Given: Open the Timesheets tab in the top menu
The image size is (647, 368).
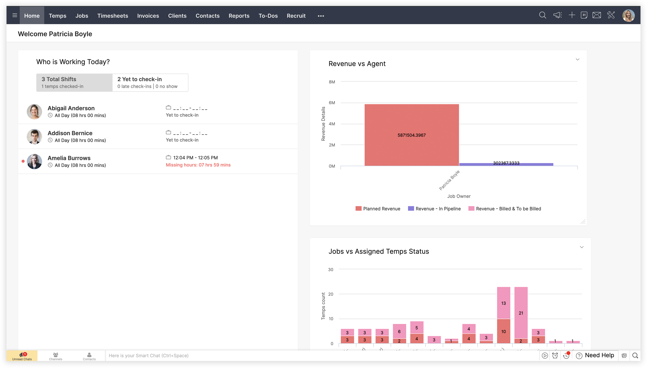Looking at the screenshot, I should click(x=113, y=16).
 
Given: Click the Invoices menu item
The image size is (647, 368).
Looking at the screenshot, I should click(x=148, y=16).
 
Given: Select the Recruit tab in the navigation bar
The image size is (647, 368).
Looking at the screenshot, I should click(x=296, y=16).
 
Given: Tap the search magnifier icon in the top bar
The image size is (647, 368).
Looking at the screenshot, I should click(x=542, y=15).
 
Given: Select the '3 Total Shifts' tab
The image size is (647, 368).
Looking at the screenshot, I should click(x=74, y=82).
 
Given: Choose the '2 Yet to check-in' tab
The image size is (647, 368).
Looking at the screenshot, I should click(x=150, y=82).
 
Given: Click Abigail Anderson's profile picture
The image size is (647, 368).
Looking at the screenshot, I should click(x=34, y=111).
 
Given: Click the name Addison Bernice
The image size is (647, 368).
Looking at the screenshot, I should click(x=70, y=133).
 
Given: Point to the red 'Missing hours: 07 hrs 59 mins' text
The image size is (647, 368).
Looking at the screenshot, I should click(x=198, y=165).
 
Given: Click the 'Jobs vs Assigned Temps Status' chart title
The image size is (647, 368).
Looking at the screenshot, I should click(x=379, y=251).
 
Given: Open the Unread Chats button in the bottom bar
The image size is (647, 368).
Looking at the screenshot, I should click(x=22, y=356).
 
